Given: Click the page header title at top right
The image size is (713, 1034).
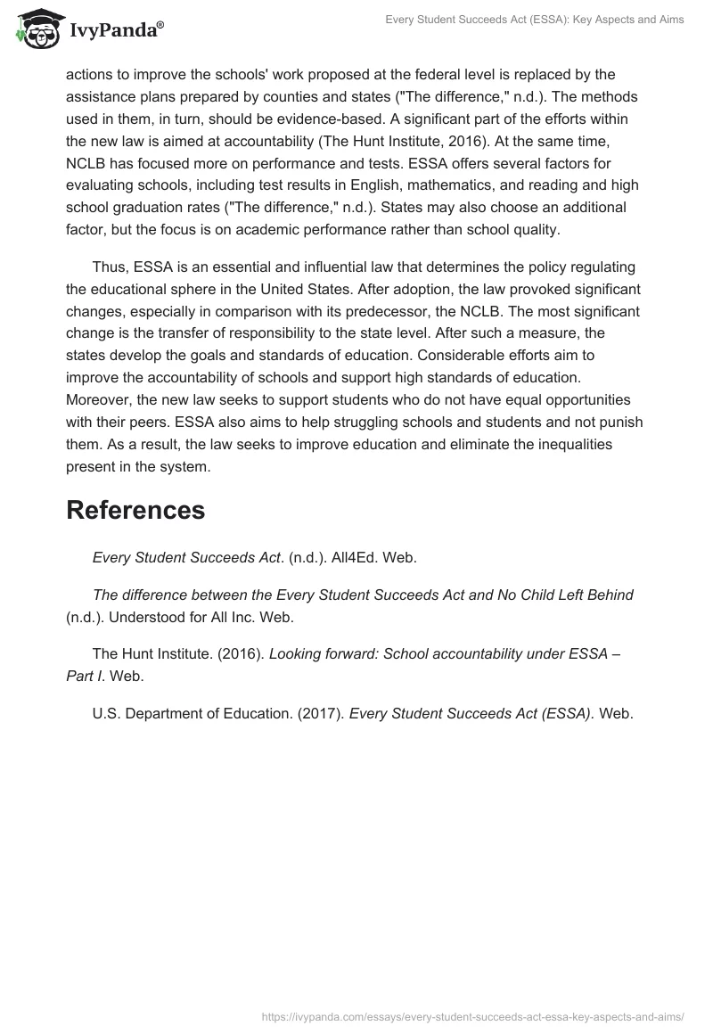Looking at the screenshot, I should [x=534, y=20].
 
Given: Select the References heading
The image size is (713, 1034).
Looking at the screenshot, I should [x=135, y=510].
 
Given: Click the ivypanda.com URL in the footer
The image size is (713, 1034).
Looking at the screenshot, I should [x=472, y=1015].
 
